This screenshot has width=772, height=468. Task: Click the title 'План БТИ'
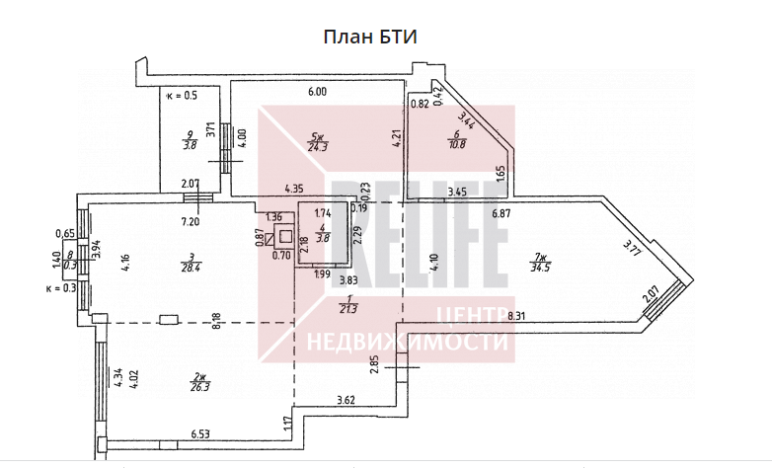click(370, 38)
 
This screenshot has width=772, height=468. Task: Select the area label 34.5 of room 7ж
click(539, 268)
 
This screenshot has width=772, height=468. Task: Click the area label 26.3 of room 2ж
click(200, 387)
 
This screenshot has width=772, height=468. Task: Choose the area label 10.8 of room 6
click(456, 143)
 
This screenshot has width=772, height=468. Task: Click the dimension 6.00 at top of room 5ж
click(316, 92)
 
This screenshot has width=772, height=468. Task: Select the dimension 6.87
click(503, 212)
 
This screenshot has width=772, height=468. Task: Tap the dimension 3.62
click(346, 399)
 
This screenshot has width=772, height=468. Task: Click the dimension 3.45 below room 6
click(456, 192)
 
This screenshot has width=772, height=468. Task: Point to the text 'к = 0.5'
click(182, 96)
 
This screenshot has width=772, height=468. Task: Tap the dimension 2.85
click(375, 361)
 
